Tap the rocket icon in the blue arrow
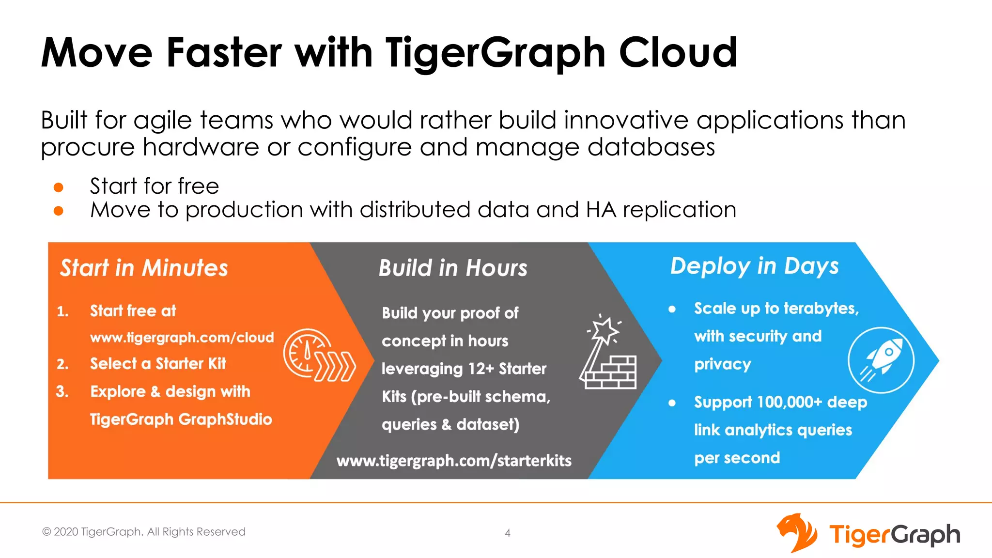pyautogui.click(x=881, y=360)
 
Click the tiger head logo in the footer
pyautogui.click(x=797, y=533)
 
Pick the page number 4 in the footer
pyautogui.click(x=508, y=533)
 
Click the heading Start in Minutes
pyautogui.click(x=144, y=268)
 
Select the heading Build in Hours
pyautogui.click(x=453, y=268)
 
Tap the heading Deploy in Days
pyautogui.click(x=754, y=266)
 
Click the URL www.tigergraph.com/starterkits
pyautogui.click(x=454, y=460)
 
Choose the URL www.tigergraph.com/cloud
pyautogui.click(x=182, y=337)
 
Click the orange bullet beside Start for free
pyautogui.click(x=59, y=187)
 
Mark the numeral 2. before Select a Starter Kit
pyautogui.click(x=62, y=364)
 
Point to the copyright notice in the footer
pyautogui.click(x=144, y=532)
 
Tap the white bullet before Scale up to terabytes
pyautogui.click(x=672, y=309)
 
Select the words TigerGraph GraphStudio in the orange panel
pyautogui.click(x=181, y=419)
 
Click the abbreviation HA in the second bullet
pyautogui.click(x=601, y=210)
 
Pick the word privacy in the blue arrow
pyautogui.click(x=723, y=364)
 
